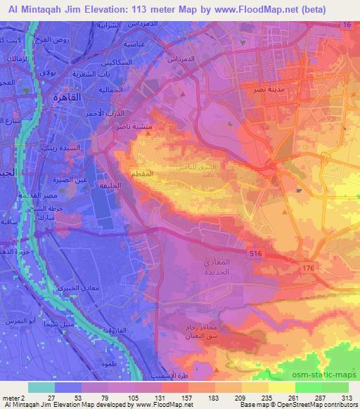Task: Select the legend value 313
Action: coord(347,397)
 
